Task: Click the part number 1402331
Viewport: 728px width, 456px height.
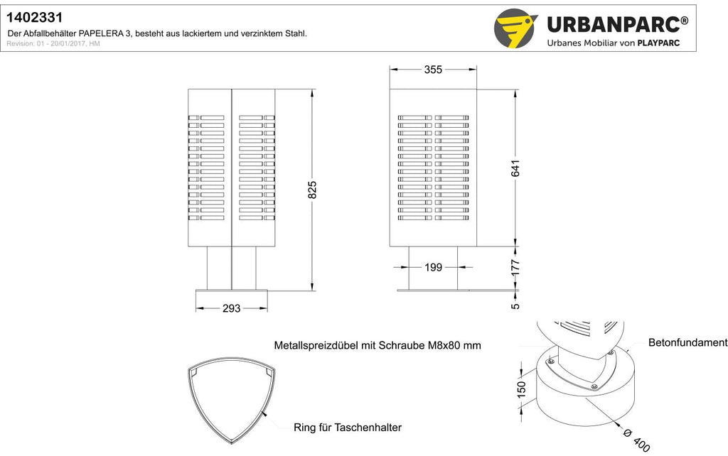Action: pyautogui.click(x=34, y=18)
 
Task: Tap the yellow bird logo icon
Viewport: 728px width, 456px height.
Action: pyautogui.click(x=515, y=28)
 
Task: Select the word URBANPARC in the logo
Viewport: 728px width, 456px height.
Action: pyautogui.click(x=614, y=24)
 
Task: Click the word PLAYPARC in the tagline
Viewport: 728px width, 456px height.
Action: pyautogui.click(x=658, y=43)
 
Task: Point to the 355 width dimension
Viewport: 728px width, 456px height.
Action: pyautogui.click(x=433, y=70)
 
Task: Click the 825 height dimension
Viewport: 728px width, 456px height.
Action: pyautogui.click(x=312, y=190)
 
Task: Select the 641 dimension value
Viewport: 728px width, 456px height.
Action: pyautogui.click(x=515, y=168)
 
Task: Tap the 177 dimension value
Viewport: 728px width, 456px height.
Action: pyautogui.click(x=515, y=268)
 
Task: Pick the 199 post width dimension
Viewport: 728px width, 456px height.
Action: pyautogui.click(x=433, y=267)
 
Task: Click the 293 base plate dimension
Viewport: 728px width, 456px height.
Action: pyautogui.click(x=231, y=308)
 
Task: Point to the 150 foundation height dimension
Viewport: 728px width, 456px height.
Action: pyautogui.click(x=521, y=389)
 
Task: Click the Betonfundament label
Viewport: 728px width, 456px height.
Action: pyautogui.click(x=688, y=343)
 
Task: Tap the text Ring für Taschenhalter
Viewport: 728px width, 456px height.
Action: pyautogui.click(x=347, y=428)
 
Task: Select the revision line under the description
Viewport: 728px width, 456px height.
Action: pyautogui.click(x=53, y=43)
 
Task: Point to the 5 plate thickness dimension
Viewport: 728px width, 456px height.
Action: pyautogui.click(x=515, y=306)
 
